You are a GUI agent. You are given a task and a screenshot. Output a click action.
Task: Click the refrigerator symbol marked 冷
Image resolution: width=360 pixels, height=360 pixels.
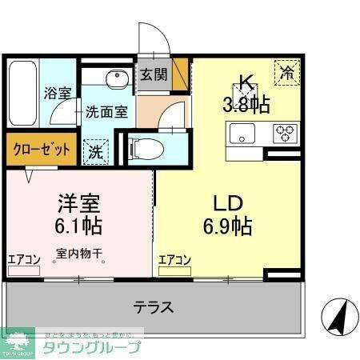pyautogui.click(x=287, y=72)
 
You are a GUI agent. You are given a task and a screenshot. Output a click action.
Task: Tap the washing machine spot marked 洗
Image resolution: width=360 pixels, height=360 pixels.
pyautogui.click(x=94, y=150)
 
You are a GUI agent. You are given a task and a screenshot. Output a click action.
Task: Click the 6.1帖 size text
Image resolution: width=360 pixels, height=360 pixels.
pyautogui.click(x=78, y=225)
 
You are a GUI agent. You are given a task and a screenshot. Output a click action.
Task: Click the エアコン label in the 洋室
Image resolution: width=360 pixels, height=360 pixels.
pyautogui.click(x=24, y=258)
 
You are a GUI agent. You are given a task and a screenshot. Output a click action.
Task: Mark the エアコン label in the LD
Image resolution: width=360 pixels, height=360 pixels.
pyautogui.click(x=174, y=258)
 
